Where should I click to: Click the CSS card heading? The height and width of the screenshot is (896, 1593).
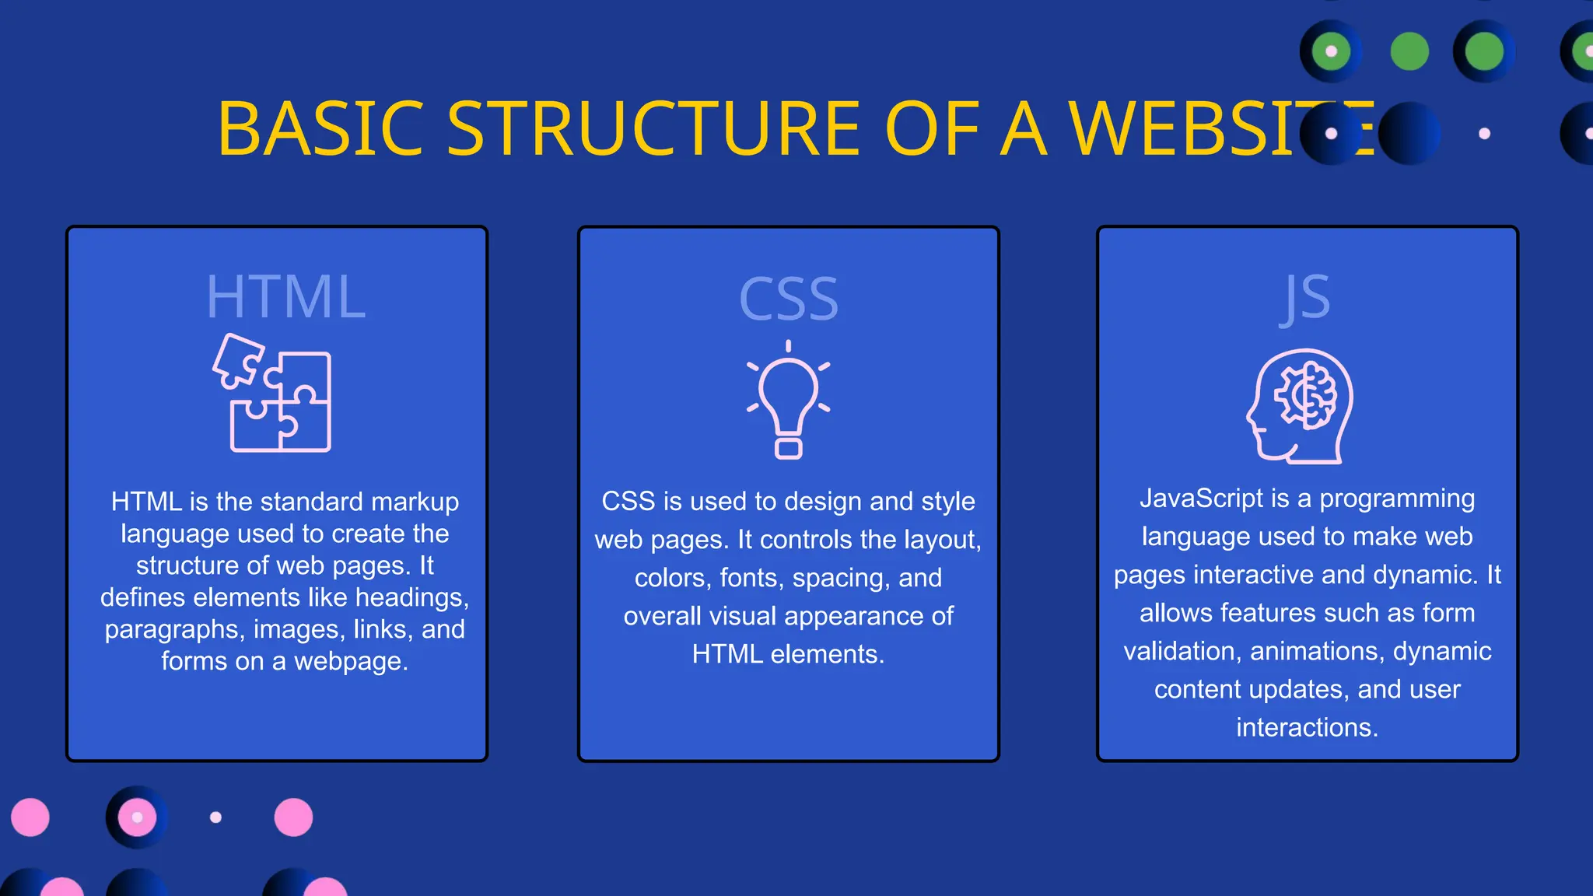tap(789, 299)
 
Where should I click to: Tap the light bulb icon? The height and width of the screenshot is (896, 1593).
tap(788, 400)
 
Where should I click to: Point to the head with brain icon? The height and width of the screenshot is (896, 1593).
tap(1300, 406)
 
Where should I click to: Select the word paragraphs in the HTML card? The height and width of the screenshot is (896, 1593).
tap(171, 629)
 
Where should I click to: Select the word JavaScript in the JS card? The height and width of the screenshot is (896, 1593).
tap(1202, 499)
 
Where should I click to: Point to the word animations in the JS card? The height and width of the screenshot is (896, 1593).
tap(1317, 651)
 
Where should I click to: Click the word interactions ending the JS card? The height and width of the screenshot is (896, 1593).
tap(1307, 727)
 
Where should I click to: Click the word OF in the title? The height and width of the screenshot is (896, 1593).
tap(932, 128)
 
